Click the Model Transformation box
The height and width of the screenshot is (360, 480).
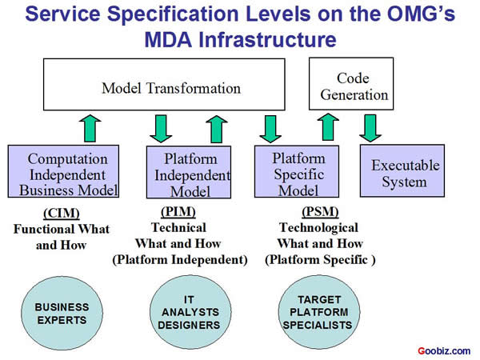(170, 87)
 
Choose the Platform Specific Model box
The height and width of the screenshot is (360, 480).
(298, 170)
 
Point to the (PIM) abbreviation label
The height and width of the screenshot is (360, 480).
(179, 211)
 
